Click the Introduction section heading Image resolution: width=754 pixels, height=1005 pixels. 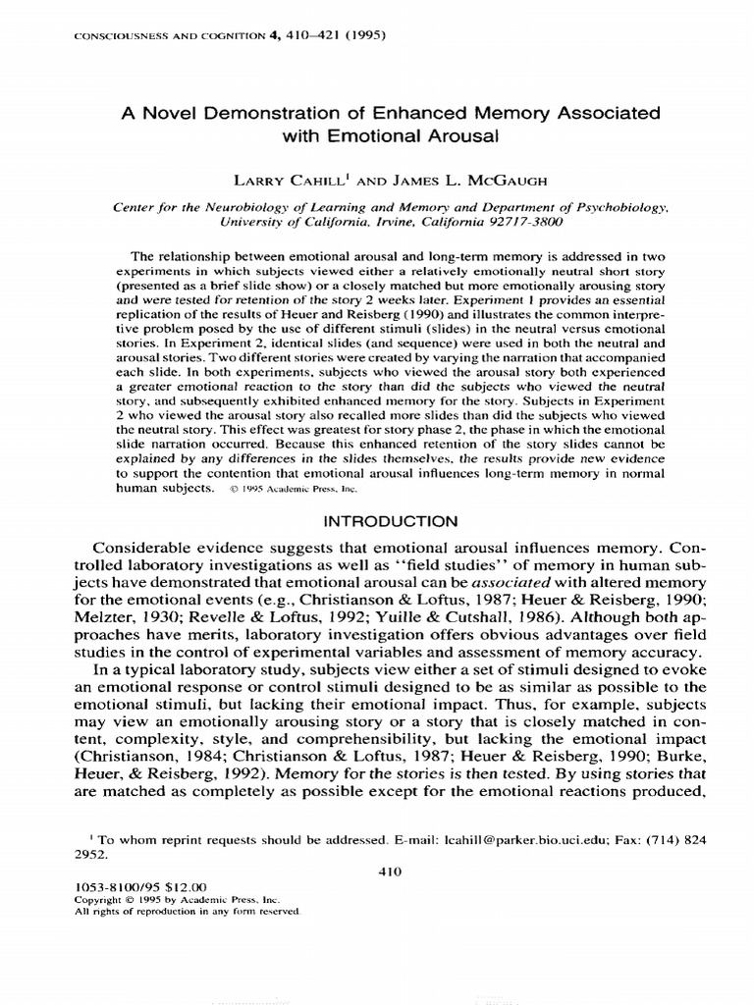(376, 520)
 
